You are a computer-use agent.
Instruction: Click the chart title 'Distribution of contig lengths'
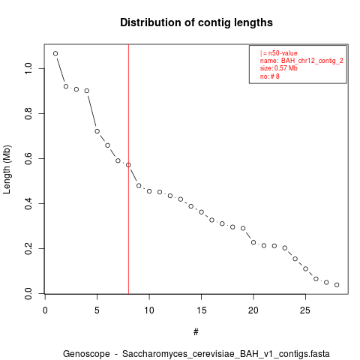(196, 22)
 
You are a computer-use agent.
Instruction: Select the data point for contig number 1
(55, 53)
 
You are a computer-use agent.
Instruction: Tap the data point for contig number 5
(97, 131)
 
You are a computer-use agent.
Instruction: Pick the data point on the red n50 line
(128, 165)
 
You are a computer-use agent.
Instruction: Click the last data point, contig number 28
(337, 285)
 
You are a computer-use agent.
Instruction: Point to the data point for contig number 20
(253, 242)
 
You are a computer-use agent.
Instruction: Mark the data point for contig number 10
(149, 191)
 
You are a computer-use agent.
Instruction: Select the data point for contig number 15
(201, 212)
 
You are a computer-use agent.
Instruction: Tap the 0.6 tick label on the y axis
(28, 158)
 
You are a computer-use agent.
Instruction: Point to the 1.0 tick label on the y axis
(28, 68)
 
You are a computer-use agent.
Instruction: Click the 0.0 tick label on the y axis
(28, 293)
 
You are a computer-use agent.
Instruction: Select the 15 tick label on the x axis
(201, 310)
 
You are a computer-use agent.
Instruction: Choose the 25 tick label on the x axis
(305, 310)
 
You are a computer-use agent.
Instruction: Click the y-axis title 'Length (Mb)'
(7, 169)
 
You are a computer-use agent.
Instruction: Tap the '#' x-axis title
(196, 332)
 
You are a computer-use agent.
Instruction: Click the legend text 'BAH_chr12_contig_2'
(312, 61)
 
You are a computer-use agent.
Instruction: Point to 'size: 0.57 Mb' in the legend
(279, 68)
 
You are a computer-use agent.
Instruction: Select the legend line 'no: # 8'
(270, 76)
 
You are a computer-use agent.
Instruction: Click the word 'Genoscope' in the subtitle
(86, 354)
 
